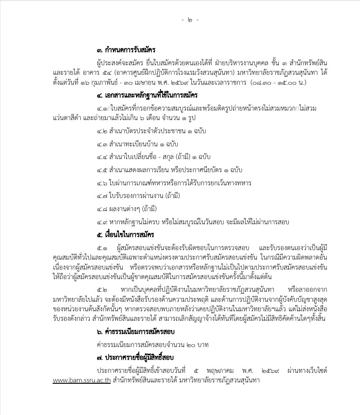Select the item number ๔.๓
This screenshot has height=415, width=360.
[x=102, y=144]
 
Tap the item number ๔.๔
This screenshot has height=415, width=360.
[x=102, y=157]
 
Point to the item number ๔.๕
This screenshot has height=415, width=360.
[x=102, y=170]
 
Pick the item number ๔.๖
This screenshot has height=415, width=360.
[x=102, y=183]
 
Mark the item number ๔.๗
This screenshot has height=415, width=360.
[x=102, y=196]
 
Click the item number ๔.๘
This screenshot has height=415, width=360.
[x=102, y=209]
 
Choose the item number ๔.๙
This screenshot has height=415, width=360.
[x=102, y=222]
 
